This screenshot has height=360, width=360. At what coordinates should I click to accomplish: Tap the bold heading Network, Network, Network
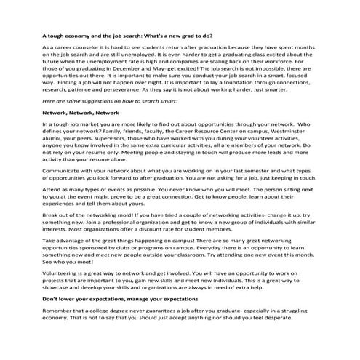(x=80, y=113)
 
